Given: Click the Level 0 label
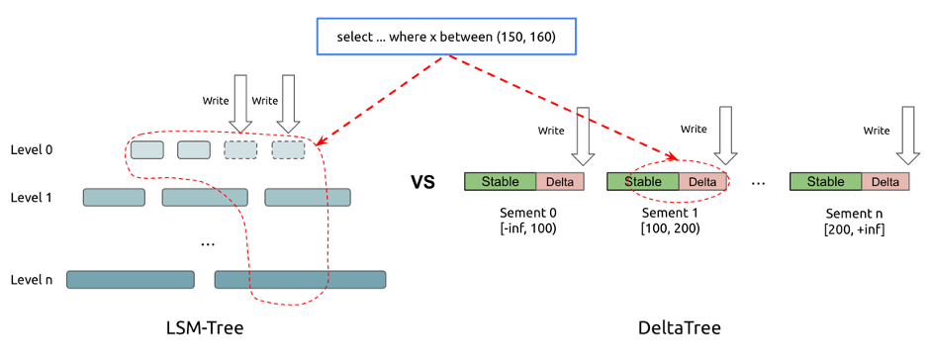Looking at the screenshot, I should pyautogui.click(x=31, y=150).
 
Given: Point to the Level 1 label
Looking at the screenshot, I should pyautogui.click(x=31, y=198).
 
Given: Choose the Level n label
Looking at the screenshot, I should pyautogui.click(x=31, y=280).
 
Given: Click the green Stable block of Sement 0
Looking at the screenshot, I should pyautogui.click(x=500, y=182).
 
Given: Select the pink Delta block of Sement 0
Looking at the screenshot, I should pyautogui.click(x=560, y=182).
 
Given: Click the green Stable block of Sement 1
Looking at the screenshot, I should pyautogui.click(x=642, y=182).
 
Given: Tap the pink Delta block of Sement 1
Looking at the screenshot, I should pyautogui.click(x=702, y=182).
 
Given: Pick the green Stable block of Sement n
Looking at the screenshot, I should pyautogui.click(x=825, y=182).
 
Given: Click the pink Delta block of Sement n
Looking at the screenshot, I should pyautogui.click(x=885, y=182).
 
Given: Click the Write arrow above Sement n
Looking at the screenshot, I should pyautogui.click(x=907, y=135).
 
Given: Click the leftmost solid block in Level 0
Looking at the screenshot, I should pyautogui.click(x=146, y=150).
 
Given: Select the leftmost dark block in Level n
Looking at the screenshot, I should pyautogui.click(x=130, y=280).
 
